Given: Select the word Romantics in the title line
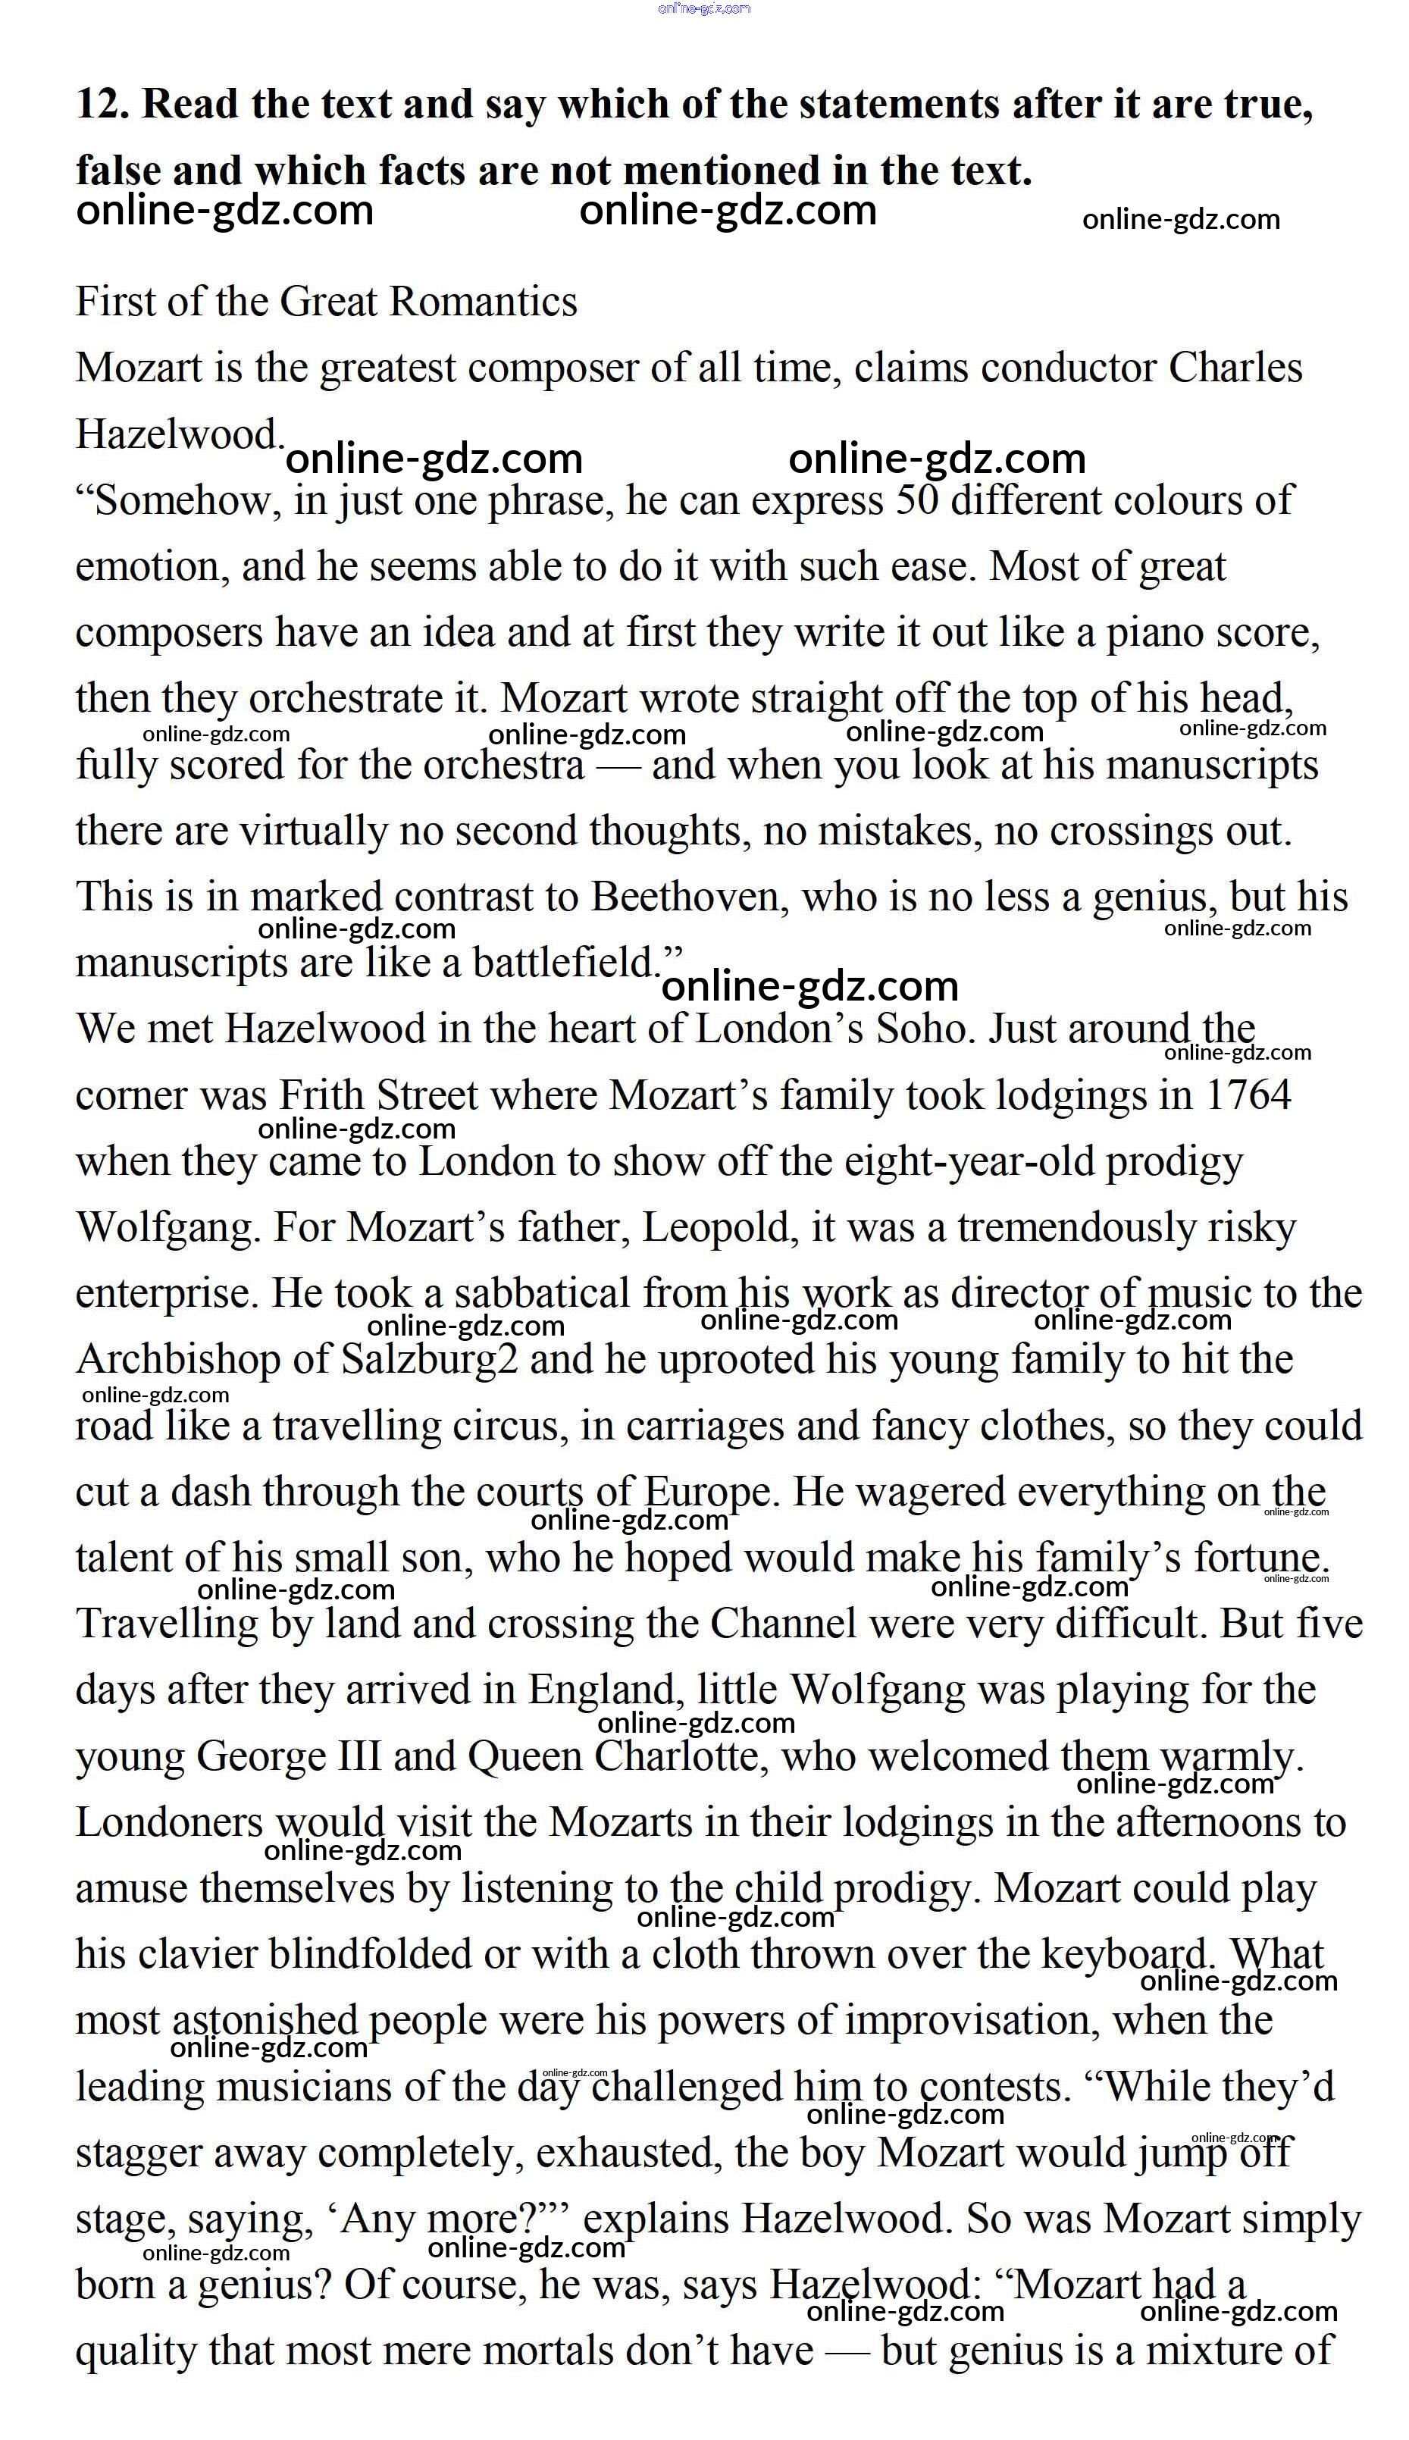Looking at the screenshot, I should [x=483, y=302].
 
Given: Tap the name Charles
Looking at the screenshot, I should [x=1235, y=368].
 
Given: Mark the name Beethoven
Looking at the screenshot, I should [x=685, y=897].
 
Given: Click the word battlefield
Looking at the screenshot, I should [x=565, y=963].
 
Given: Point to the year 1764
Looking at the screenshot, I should [x=1248, y=1095].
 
